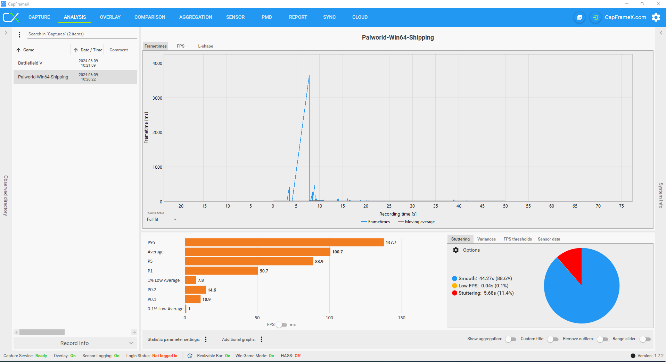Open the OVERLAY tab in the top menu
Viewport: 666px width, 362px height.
[x=110, y=17]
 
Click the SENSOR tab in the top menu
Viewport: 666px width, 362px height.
[x=235, y=17]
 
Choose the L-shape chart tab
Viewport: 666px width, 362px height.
[x=205, y=46]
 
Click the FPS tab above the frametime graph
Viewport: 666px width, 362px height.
[x=181, y=46]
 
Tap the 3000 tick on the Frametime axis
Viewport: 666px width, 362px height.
[x=157, y=98]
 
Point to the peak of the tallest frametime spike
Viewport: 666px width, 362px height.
[x=309, y=76]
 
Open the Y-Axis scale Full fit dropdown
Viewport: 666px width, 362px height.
[x=162, y=219]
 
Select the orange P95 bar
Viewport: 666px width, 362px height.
[x=284, y=242]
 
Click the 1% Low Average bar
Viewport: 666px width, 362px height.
[x=190, y=280]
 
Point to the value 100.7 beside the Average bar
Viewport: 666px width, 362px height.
[x=337, y=252]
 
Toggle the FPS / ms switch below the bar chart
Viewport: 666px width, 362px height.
[x=282, y=325]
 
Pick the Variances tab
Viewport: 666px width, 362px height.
[x=486, y=239]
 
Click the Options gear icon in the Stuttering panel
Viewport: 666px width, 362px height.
[x=456, y=250]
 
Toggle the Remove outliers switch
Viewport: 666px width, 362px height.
[x=602, y=339]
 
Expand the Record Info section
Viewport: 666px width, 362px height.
[x=75, y=343]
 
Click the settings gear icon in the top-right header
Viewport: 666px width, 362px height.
[x=656, y=17]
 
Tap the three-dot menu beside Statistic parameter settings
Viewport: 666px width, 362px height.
[x=206, y=339]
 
